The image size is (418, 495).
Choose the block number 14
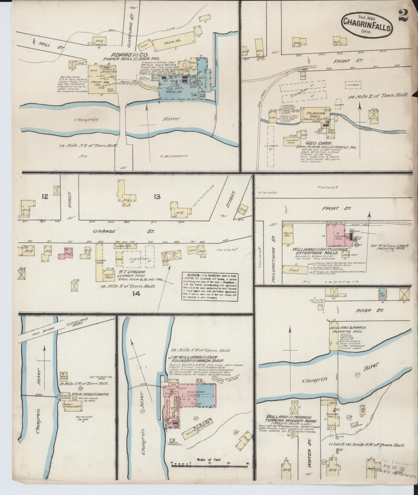point(135,294)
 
